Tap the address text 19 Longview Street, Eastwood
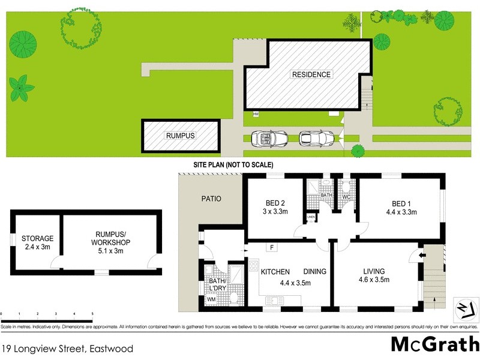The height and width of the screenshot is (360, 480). point(67,348)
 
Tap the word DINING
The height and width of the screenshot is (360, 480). point(315,272)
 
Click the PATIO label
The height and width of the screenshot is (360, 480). point(211,199)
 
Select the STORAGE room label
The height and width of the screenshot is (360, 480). point(38,238)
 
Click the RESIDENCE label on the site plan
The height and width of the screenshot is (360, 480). point(311,74)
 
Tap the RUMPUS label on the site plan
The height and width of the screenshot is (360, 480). point(180,136)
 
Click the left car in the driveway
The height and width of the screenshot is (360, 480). point(265,139)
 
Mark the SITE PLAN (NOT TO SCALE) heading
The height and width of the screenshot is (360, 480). point(233,164)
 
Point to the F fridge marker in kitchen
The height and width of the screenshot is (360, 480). point(272,247)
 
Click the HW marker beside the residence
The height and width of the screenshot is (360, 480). point(256,114)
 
